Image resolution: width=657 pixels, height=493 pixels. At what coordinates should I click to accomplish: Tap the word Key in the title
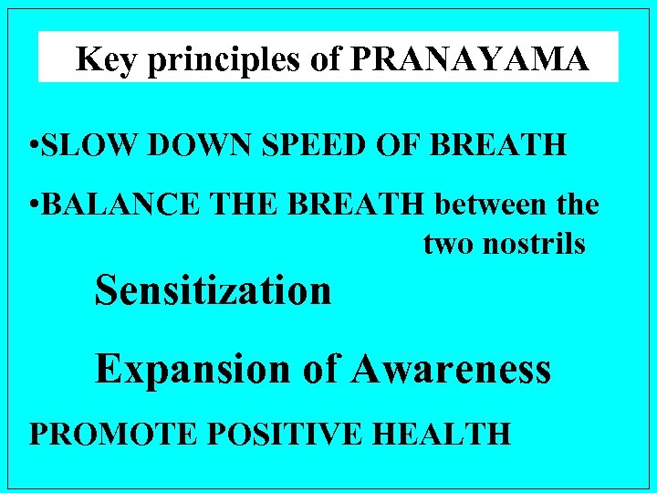(x=98, y=59)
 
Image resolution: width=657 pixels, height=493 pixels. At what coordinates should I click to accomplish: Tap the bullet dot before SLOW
(x=32, y=146)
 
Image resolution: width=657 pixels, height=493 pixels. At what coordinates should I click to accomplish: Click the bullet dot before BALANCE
(x=32, y=205)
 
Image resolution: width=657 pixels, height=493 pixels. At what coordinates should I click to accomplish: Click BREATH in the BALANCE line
(x=369, y=205)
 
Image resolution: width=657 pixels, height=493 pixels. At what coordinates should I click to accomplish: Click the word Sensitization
(x=213, y=291)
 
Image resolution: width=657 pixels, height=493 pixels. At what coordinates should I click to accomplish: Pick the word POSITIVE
(x=253, y=432)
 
